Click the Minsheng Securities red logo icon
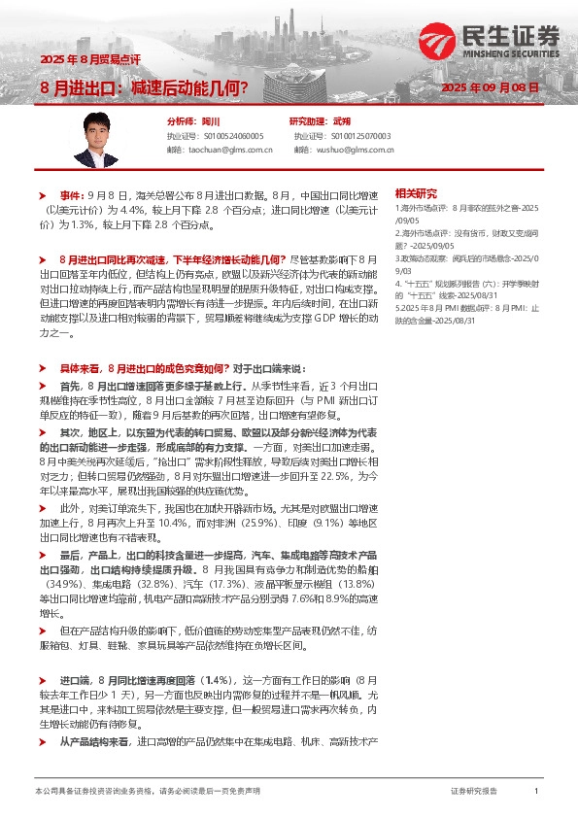pos(439,40)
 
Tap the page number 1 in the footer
pos(535,792)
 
